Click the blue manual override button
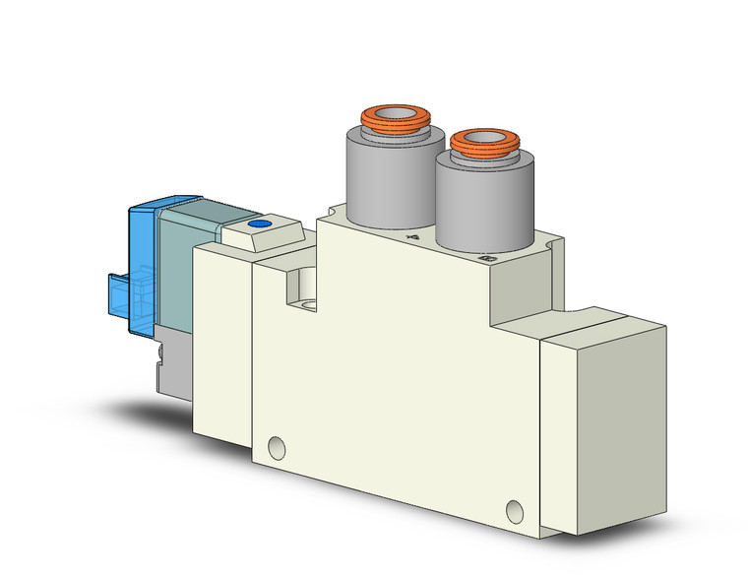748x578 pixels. coord(259,225)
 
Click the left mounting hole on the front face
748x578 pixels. coord(280,449)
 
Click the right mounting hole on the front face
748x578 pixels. coord(514,510)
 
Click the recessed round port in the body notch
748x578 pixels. coord(302,290)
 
